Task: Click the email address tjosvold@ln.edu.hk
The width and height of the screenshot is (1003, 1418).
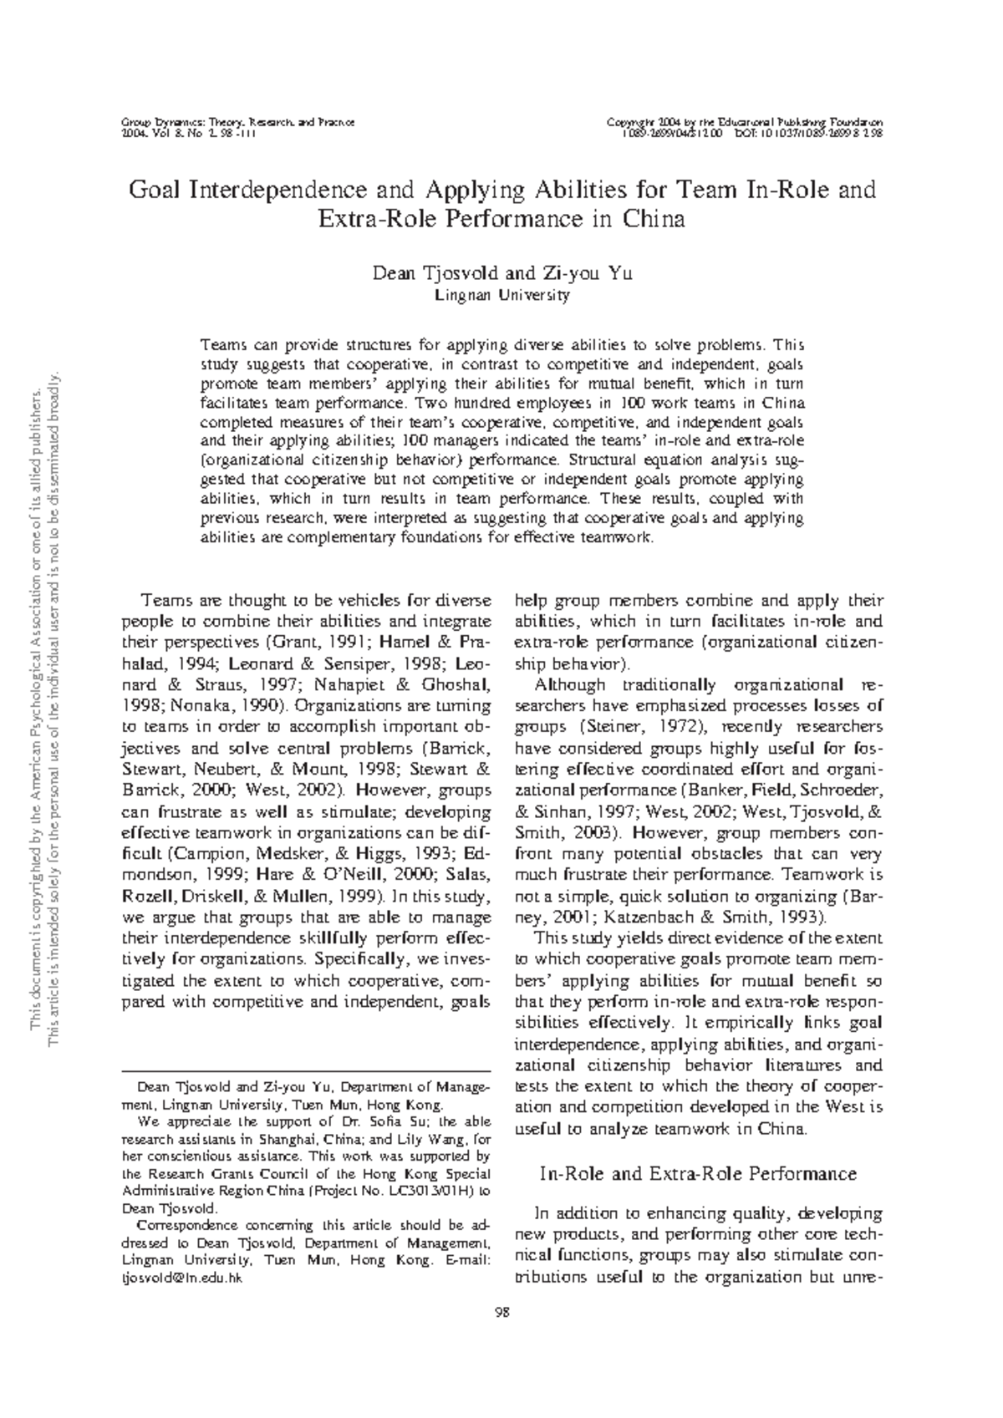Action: pos(181,1278)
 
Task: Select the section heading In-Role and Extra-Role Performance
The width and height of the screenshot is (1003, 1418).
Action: pos(698,1174)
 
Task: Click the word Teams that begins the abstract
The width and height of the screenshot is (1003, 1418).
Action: pos(221,344)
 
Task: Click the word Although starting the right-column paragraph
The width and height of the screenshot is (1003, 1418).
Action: pos(570,685)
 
